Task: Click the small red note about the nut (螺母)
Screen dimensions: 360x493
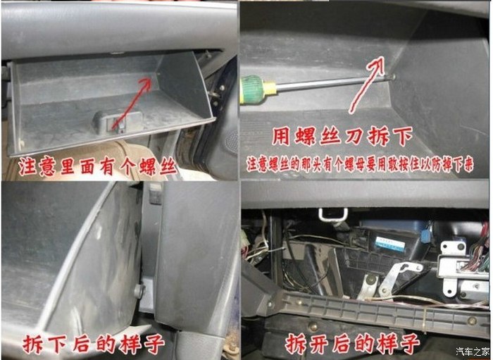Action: pyautogui.click(x=359, y=166)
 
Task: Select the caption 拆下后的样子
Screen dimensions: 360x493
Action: pyautogui.click(x=94, y=343)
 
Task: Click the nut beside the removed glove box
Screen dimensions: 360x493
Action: pyautogui.click(x=139, y=290)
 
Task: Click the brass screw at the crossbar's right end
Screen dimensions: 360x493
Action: pyautogui.click(x=472, y=321)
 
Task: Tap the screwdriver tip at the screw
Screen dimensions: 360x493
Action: pyautogui.click(x=390, y=76)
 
